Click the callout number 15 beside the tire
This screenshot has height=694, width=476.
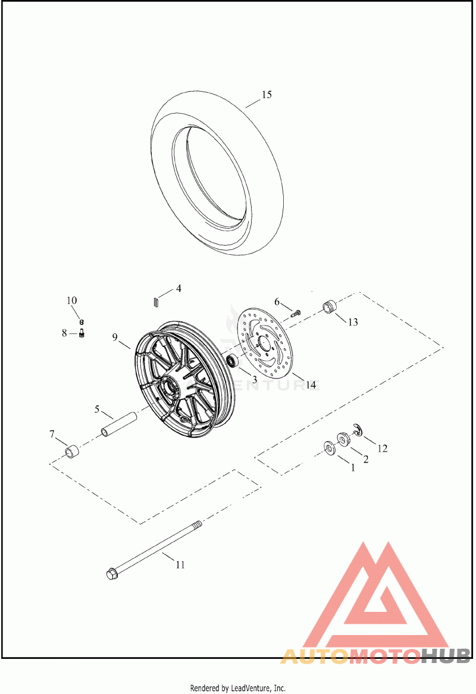267,95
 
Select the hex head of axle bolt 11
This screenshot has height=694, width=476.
111,574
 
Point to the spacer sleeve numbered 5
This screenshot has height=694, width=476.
118,424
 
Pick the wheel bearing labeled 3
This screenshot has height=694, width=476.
232,360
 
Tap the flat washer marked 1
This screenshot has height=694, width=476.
330,448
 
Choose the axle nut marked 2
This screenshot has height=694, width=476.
343,438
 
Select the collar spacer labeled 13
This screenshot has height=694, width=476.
329,307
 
